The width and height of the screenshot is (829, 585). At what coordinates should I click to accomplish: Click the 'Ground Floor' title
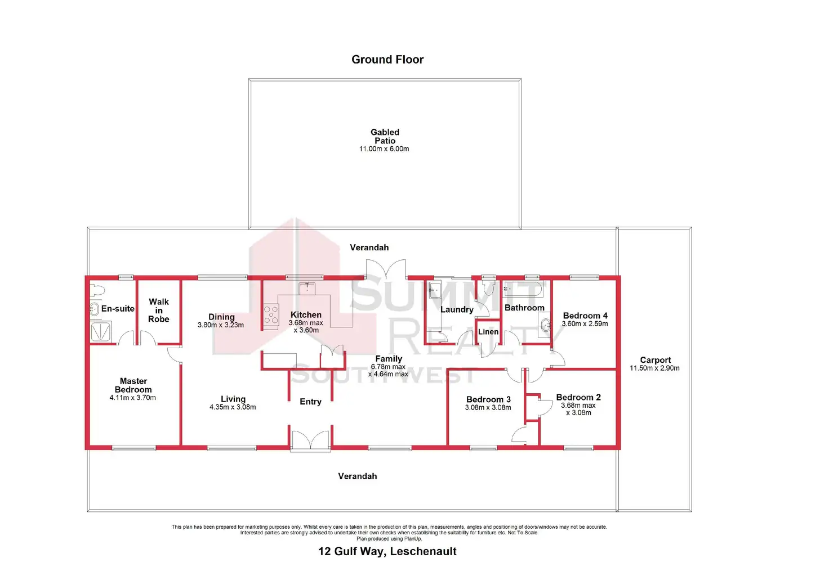pos(387,60)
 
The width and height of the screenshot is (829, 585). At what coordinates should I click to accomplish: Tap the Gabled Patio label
pos(385,136)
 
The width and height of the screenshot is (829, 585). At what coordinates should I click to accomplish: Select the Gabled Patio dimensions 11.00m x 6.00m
pos(384,149)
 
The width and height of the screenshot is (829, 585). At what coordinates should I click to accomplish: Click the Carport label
pos(655,360)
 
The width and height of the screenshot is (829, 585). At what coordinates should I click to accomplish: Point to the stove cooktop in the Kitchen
pos(271,316)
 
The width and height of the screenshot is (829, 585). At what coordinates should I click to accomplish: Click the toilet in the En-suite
pos(97,290)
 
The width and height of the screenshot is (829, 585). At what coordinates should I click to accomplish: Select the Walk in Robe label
pos(159,310)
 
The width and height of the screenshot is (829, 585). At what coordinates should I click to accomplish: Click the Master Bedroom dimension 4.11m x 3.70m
pos(133,398)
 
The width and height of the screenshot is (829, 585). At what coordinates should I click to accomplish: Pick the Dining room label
pos(221,317)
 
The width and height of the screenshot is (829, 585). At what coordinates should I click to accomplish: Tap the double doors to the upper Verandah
pos(386,269)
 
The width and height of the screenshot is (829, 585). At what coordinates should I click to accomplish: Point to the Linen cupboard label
pos(488,332)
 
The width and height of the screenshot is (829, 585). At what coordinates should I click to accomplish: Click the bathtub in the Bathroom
pos(523,290)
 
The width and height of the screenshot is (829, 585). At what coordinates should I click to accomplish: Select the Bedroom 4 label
pos(585,316)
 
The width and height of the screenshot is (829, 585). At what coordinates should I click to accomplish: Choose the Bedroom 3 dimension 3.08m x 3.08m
pos(488,408)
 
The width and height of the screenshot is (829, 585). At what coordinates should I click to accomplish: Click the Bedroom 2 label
pos(578,397)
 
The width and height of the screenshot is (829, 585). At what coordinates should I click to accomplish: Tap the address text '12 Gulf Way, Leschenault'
pos(387,551)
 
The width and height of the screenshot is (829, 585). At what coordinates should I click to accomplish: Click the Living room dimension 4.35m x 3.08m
pos(233,407)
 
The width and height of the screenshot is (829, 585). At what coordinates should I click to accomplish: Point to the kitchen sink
pos(306,288)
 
